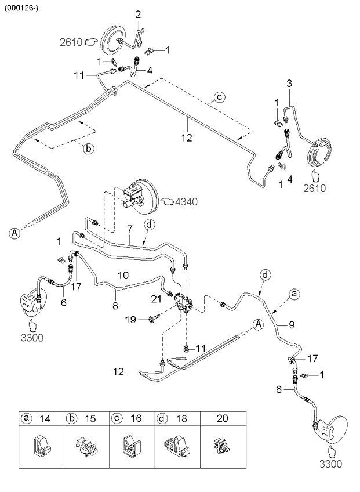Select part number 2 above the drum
pyautogui.click(x=138, y=14)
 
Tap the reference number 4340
pyautogui.click(x=186, y=201)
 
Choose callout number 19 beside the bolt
pyautogui.click(x=131, y=319)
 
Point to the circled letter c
pyautogui.click(x=220, y=97)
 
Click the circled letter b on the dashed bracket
pyautogui.click(x=88, y=149)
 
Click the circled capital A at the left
pyautogui.click(x=13, y=233)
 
